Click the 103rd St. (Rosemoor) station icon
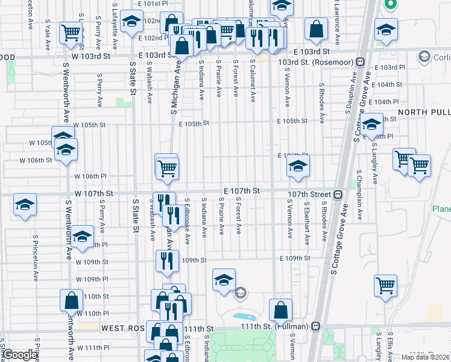(x=359, y=62)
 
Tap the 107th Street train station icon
(x=338, y=194)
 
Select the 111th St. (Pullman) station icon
(x=315, y=326)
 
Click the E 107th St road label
(x=241, y=191)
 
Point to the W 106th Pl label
(x=90, y=176)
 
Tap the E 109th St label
(x=295, y=258)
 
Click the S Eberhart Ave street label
(x=307, y=223)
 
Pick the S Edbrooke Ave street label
(x=188, y=221)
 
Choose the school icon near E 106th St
(x=298, y=167)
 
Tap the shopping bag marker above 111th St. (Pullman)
(x=280, y=310)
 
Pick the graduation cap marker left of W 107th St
(x=25, y=205)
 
